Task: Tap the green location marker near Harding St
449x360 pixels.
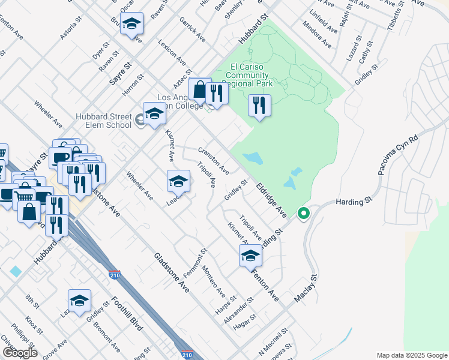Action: pyautogui.click(x=304, y=213)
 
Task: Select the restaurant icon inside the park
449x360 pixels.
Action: pyautogui.click(x=259, y=106)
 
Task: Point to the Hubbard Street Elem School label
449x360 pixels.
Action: pyautogui.click(x=103, y=121)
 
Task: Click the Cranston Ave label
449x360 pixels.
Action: pyautogui.click(x=214, y=160)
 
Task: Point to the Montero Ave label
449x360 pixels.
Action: pyautogui.click(x=213, y=283)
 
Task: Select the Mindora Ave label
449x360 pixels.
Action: pyautogui.click(x=317, y=36)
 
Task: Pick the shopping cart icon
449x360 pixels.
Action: pyautogui.click(x=23, y=195)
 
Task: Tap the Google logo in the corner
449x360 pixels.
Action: pyautogui.click(x=20, y=352)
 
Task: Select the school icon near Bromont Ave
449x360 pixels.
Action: pyautogui.click(x=79, y=301)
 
